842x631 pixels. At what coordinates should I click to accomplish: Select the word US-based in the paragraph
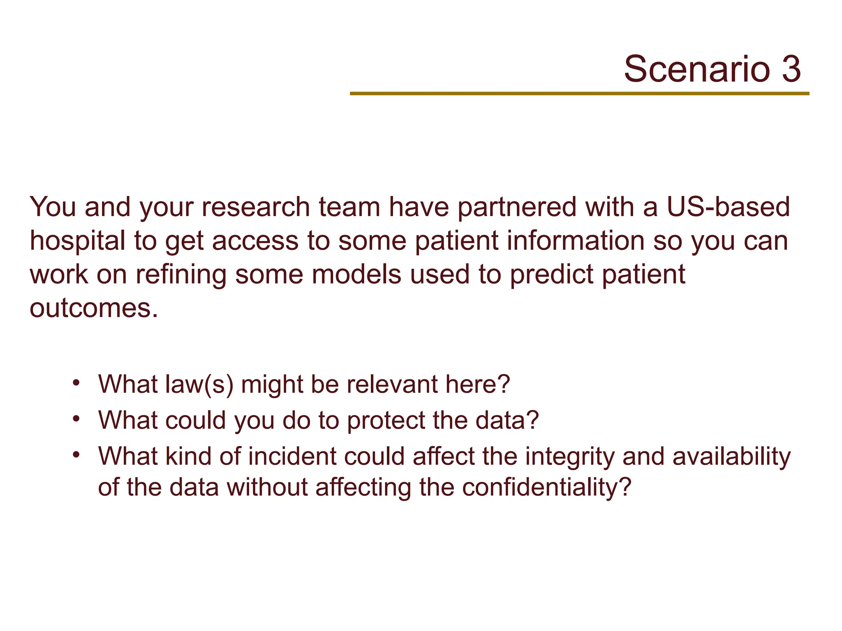pyautogui.click(x=728, y=207)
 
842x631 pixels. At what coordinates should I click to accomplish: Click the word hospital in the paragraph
pyautogui.click(x=77, y=241)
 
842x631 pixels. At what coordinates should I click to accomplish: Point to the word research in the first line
pyautogui.click(x=255, y=207)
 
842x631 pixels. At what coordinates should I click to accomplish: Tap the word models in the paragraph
pyautogui.click(x=356, y=274)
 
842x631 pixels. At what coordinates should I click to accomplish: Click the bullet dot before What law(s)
pyautogui.click(x=76, y=382)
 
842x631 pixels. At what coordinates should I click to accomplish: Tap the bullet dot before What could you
pyautogui.click(x=76, y=419)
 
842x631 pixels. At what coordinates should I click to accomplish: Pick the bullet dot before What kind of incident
pyautogui.click(x=76, y=455)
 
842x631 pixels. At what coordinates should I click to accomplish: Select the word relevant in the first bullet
pyautogui.click(x=392, y=385)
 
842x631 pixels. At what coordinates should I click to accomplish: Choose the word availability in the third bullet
pyautogui.click(x=731, y=456)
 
